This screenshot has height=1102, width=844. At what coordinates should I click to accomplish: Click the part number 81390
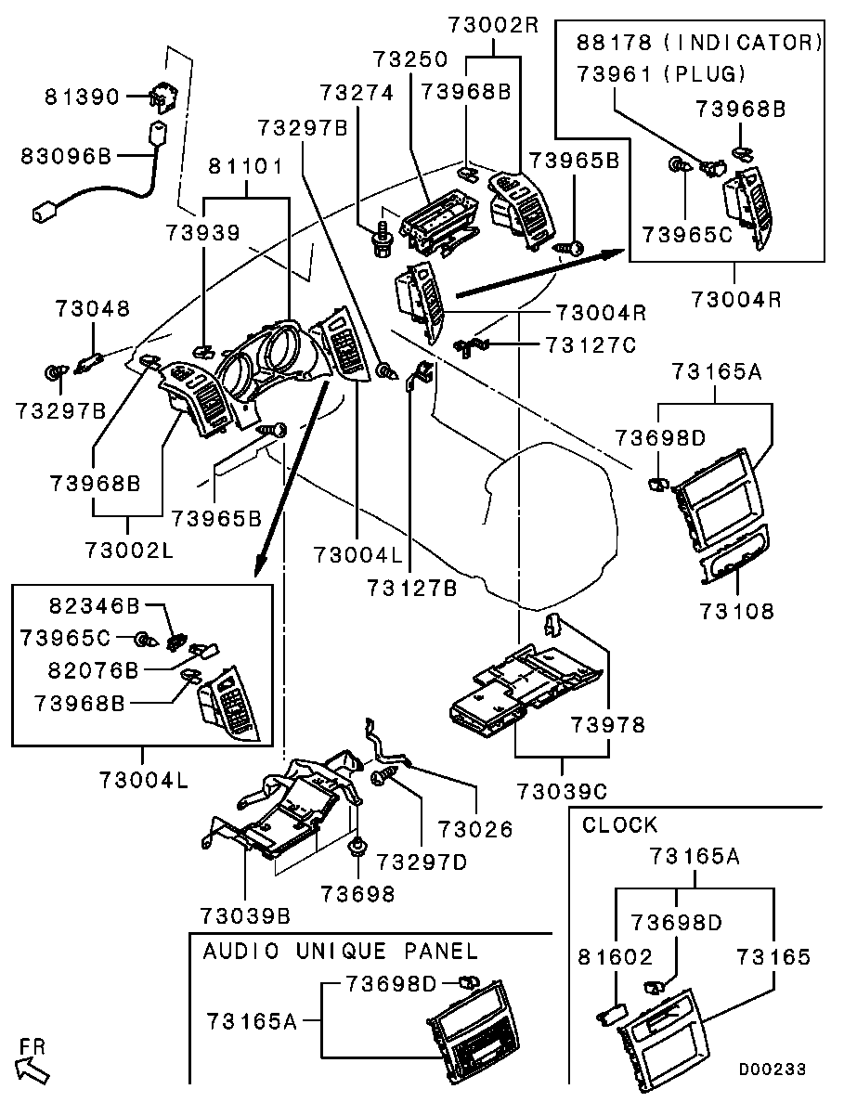pos(84,97)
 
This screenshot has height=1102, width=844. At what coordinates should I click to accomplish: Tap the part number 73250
pos(410,59)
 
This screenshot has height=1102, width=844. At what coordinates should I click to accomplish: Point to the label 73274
pos(357,93)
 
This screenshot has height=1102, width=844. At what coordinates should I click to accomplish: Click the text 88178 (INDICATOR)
pos(699,42)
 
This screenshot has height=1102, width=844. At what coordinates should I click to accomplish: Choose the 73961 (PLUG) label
pos(661,74)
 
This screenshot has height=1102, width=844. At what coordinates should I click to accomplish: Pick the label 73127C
pos(591,345)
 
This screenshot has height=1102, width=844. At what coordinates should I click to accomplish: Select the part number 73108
pos(738,612)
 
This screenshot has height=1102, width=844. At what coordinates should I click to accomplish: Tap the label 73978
pos(607,724)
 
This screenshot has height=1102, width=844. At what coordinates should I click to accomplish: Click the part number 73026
pos(475,828)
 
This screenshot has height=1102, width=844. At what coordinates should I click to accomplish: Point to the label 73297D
pos(422,862)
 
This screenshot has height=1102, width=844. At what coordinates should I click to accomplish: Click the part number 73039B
pos(246,915)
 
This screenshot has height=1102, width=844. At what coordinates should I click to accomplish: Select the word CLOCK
pos(619,824)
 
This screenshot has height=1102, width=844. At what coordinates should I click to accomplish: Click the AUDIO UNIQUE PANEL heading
pos(341,951)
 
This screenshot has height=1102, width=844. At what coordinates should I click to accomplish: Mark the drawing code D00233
pos(773,1069)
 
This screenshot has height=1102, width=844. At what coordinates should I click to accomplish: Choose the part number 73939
pos(203,232)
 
